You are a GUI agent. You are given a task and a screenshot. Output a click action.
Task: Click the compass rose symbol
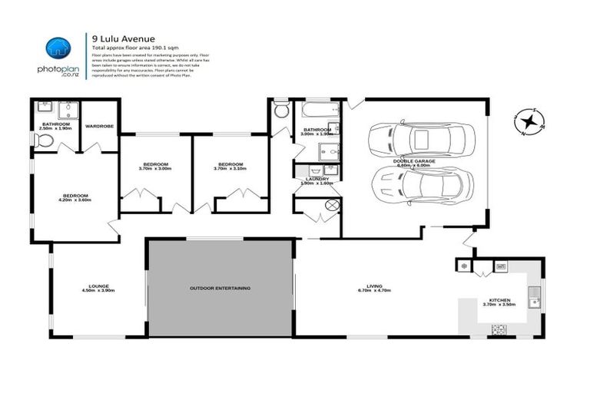529,121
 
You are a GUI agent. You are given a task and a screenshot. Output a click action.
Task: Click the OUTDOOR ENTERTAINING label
220,288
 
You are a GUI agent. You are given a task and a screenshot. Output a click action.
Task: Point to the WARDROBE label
100,126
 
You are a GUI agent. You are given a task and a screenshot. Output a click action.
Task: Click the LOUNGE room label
98,289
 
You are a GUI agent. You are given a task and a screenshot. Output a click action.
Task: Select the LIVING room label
374,289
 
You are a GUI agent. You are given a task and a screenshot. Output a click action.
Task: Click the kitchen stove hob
499,329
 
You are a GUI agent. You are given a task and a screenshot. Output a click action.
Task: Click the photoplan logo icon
58,49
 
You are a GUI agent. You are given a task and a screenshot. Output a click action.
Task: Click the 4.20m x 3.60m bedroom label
75,197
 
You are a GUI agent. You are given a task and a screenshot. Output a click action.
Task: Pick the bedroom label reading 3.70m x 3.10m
230,166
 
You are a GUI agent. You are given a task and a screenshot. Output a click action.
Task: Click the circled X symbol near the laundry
332,205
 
